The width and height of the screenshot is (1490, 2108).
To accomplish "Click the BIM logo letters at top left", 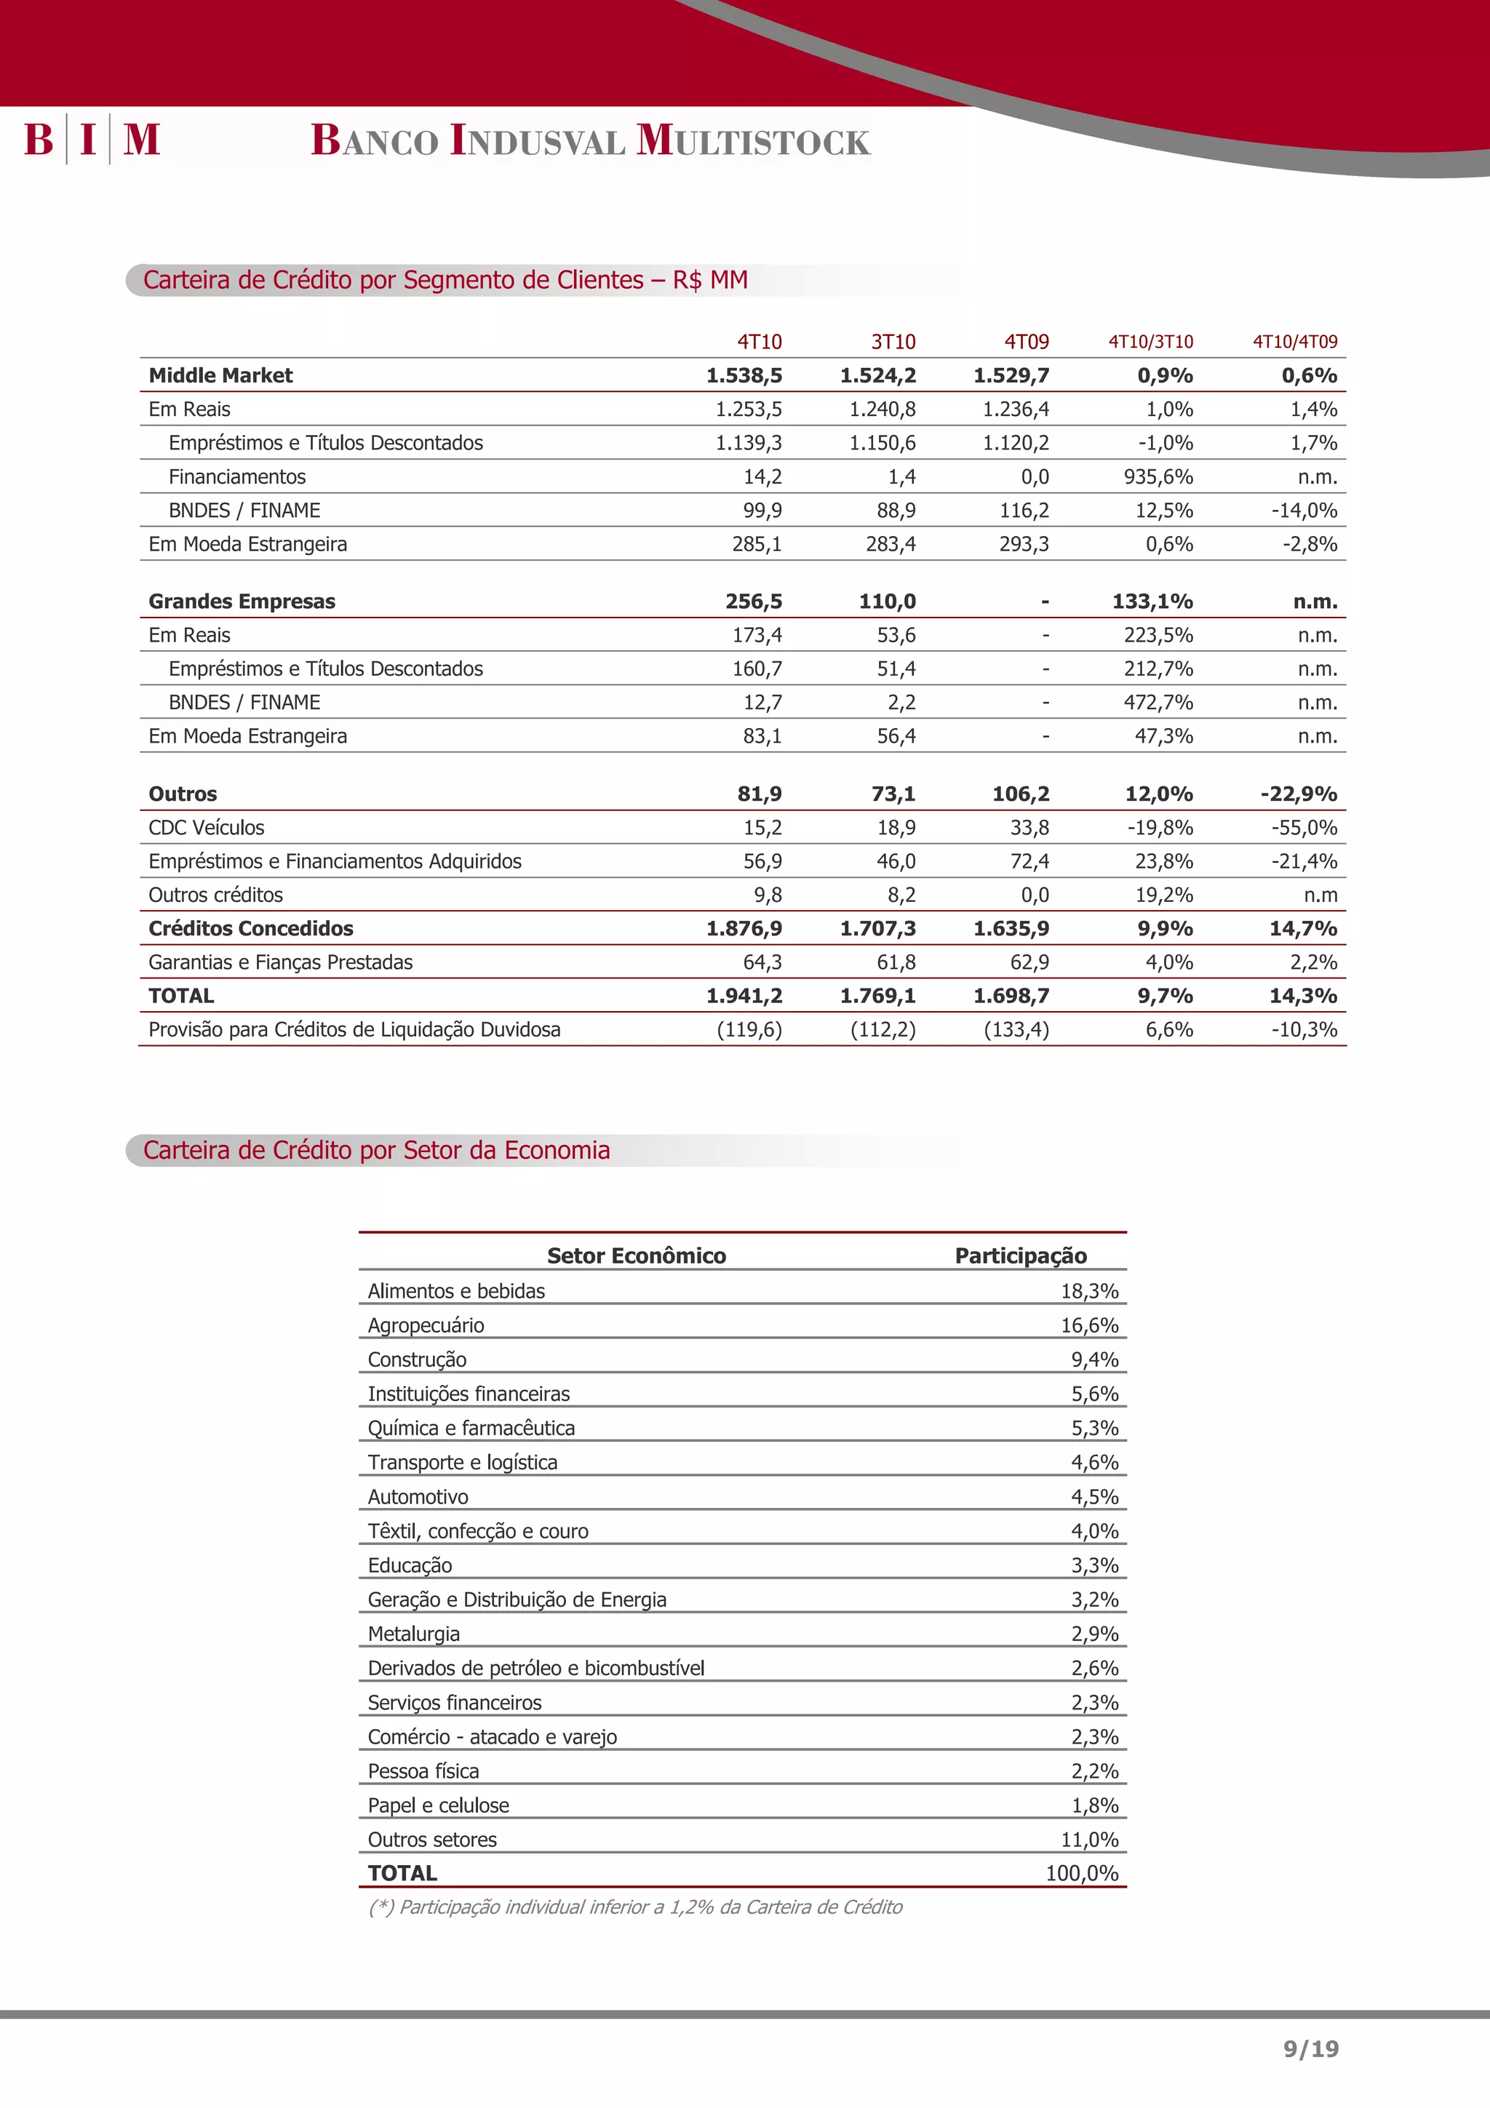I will click(x=92, y=140).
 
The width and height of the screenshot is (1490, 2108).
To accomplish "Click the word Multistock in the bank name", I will click(x=753, y=140).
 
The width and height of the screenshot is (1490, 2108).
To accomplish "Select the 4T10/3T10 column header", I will click(x=1150, y=342).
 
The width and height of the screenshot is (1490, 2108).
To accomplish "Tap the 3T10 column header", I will click(x=893, y=342).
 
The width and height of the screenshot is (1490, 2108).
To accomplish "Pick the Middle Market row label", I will click(x=220, y=375).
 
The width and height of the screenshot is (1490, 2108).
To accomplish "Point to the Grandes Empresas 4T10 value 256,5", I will click(x=753, y=602).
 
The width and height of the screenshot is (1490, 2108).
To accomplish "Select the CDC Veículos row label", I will click(x=207, y=827).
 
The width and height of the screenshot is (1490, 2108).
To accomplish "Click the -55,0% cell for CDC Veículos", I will click(x=1304, y=827).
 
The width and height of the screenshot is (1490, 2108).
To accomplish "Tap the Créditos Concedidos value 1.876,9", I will click(x=744, y=928).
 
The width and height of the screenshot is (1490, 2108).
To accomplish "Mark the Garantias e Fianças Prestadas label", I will click(x=280, y=962).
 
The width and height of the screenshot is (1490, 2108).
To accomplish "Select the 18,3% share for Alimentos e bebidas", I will click(x=1089, y=1291).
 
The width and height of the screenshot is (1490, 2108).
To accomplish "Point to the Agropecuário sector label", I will click(x=426, y=1325).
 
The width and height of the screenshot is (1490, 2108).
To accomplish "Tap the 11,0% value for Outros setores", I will click(x=1089, y=1839).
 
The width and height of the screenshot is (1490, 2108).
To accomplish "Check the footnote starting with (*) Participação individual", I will click(x=635, y=1907).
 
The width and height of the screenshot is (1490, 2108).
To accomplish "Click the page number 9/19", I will click(x=1310, y=2048).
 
